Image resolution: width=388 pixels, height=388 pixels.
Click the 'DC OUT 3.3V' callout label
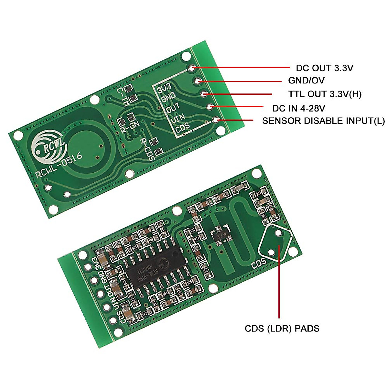[324, 68]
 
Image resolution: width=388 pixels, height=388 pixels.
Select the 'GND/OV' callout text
[306, 81]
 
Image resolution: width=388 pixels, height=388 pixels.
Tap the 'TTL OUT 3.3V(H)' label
[325, 94]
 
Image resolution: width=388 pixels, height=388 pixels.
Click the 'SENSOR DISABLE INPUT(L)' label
[323, 121]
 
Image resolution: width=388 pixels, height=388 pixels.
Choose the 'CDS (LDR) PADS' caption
[282, 329]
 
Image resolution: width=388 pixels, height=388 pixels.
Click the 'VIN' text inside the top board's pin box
[178, 119]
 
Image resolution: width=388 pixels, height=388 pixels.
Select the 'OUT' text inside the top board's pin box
[173, 108]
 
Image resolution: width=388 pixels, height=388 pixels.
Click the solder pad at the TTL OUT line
[204, 94]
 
